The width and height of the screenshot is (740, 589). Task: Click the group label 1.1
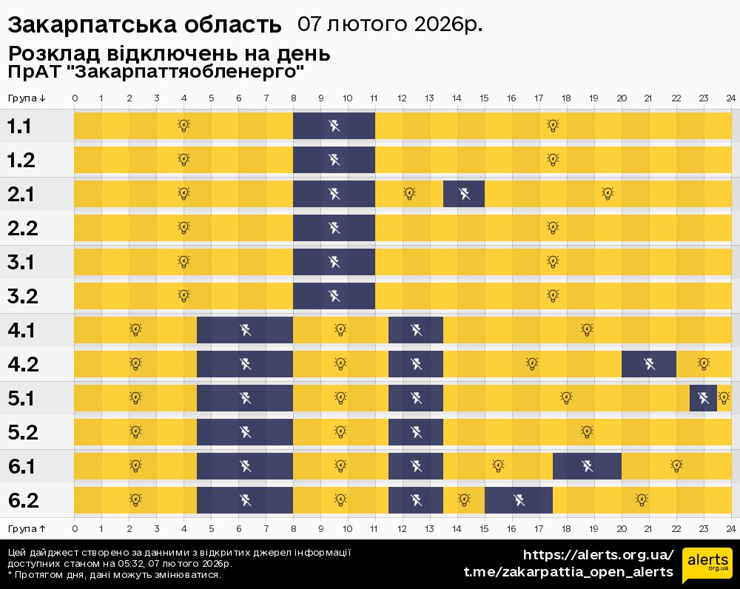tap(19, 127)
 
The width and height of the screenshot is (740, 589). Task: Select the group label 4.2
tap(22, 365)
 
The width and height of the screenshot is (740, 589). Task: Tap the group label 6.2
tap(22, 501)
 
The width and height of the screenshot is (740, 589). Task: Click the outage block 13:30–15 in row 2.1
tap(464, 195)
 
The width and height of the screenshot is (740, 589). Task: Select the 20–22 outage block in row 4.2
tap(649, 364)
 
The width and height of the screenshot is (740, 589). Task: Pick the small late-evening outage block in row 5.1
tap(703, 398)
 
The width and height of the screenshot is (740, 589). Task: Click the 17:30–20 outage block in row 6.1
tap(587, 466)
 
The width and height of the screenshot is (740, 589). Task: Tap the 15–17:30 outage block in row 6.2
tap(519, 500)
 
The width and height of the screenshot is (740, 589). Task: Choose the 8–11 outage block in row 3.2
tap(334, 296)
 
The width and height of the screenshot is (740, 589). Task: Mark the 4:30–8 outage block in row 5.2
tap(245, 432)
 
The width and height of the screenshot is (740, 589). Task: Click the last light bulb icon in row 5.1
tap(724, 397)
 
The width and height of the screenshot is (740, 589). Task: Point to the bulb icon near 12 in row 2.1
tap(409, 194)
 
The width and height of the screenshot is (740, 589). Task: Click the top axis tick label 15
tap(484, 98)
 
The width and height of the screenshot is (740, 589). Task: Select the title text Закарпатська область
tap(144, 25)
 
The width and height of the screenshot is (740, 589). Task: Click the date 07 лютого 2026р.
tap(390, 24)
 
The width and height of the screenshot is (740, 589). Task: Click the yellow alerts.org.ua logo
tap(707, 566)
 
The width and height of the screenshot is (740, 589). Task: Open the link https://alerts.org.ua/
tap(598, 555)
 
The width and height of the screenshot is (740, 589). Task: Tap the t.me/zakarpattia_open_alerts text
tap(568, 572)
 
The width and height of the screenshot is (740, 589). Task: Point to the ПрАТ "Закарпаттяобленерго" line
tap(156, 72)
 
